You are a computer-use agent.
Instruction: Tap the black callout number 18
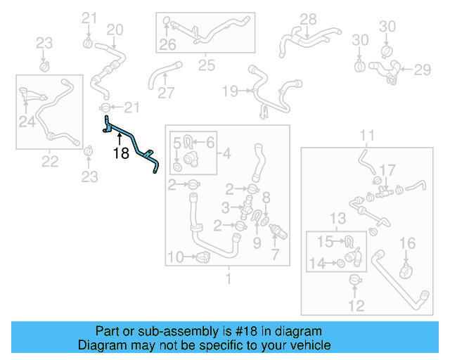click(121, 153)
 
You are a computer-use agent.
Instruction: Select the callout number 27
click(166, 94)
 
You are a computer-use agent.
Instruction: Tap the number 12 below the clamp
click(357, 306)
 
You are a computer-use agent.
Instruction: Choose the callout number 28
click(309, 18)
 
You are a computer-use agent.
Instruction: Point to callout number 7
click(274, 255)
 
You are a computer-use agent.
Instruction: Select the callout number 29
click(421, 70)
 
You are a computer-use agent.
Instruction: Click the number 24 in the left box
click(27, 122)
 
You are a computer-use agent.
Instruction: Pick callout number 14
click(316, 263)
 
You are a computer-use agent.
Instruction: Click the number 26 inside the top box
click(167, 46)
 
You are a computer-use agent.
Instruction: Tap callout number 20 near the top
click(115, 29)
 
